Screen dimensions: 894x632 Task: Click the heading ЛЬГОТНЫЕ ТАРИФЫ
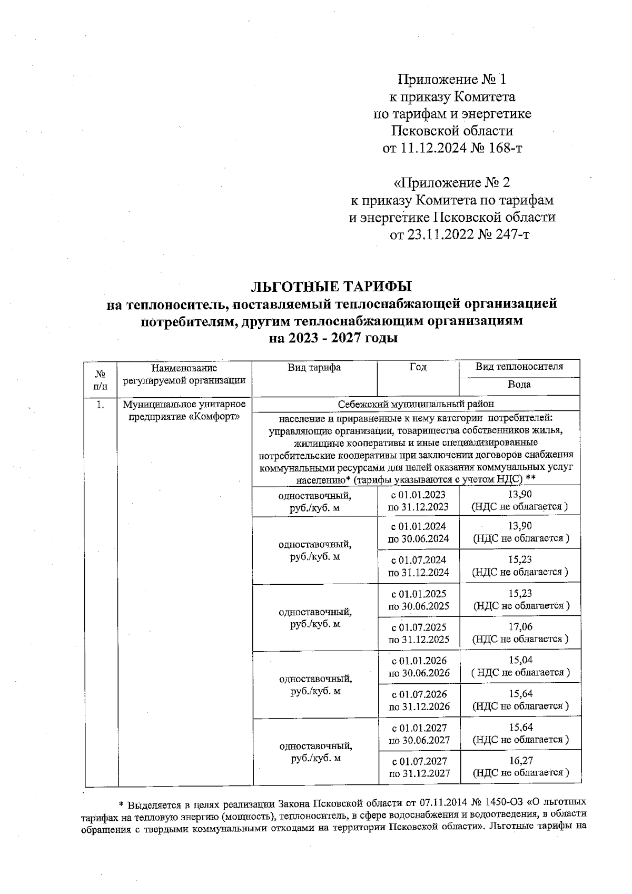(331, 287)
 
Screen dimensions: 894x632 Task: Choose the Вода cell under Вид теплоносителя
(519, 385)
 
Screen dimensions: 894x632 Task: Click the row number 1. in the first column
(100, 405)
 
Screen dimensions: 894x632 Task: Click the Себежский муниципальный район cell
(416, 405)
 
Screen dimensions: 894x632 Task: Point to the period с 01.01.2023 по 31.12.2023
(419, 500)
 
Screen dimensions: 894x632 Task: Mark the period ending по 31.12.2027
(419, 773)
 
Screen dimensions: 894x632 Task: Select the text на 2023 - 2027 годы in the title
(333, 338)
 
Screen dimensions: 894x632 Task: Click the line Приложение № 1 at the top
(451, 80)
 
